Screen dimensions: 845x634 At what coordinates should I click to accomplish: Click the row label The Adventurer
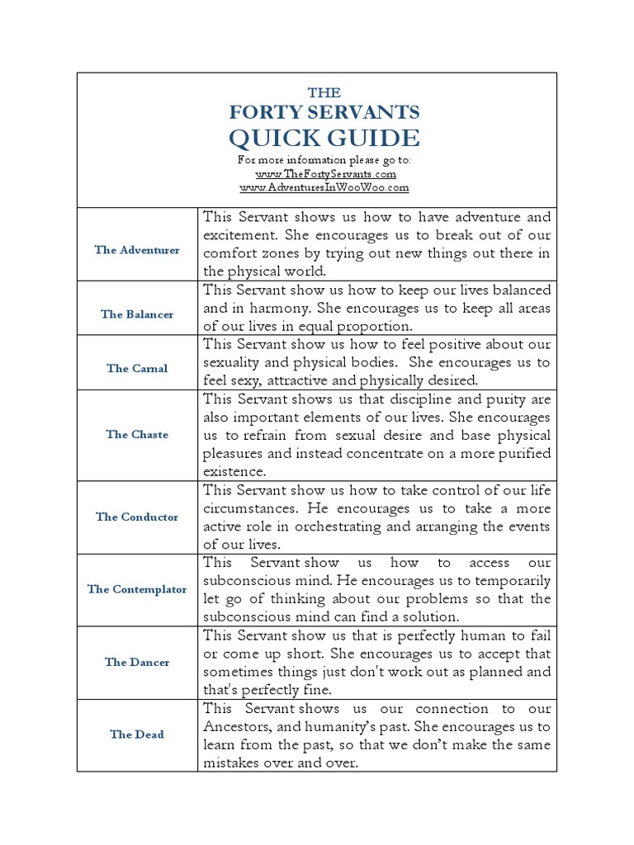137,250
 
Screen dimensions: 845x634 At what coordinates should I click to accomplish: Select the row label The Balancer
137,314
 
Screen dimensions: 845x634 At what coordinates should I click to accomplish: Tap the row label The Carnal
137,369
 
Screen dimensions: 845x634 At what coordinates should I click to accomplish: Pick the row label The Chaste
137,435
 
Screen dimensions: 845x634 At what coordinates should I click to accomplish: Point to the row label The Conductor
137,517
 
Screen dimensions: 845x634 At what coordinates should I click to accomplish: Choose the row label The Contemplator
137,590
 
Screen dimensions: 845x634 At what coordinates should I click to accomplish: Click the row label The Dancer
137,663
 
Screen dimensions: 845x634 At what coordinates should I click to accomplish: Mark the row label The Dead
137,734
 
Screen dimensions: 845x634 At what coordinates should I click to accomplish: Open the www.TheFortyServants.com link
325,174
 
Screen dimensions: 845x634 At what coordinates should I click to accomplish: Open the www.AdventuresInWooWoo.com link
324,187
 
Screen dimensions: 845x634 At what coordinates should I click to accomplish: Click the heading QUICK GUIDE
324,138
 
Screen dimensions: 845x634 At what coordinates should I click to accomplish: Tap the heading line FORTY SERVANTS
324,112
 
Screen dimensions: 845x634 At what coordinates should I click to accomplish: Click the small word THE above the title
324,93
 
